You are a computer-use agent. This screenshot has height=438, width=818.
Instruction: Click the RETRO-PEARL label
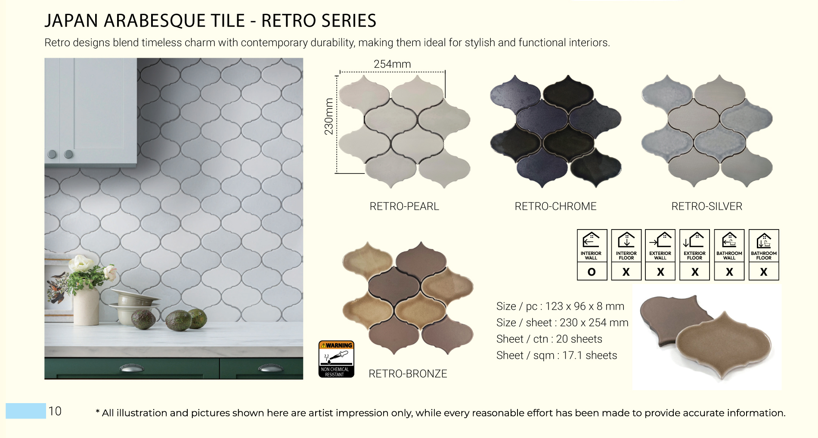[x=404, y=206]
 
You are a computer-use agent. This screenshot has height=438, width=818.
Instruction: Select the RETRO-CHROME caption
[x=555, y=206]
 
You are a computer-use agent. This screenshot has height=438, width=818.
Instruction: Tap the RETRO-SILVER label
[x=706, y=206]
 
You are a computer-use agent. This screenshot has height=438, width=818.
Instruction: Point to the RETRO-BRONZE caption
[x=408, y=373]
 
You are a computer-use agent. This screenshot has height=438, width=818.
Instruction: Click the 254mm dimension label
[x=392, y=64]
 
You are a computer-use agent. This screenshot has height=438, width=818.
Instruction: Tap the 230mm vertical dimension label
[x=329, y=116]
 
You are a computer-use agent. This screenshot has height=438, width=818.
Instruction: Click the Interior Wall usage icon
[x=592, y=246]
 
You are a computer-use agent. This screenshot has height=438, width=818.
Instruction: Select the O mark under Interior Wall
[x=592, y=272]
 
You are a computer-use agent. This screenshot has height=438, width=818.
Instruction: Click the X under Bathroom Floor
[x=764, y=272]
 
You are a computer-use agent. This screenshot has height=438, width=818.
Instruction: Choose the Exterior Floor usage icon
[x=694, y=246]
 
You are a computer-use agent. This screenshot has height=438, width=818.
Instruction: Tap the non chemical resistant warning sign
[x=336, y=359]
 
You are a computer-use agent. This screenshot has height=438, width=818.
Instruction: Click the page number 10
[x=55, y=411]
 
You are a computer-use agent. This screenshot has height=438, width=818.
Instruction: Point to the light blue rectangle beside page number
[x=25, y=411]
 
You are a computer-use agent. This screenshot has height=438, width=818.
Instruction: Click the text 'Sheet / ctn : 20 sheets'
[x=549, y=339]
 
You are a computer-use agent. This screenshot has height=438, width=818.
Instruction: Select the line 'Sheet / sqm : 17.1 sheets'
[x=557, y=355]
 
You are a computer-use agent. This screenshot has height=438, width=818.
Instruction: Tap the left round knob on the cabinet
[x=52, y=154]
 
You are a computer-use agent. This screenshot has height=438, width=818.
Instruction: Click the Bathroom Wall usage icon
[x=729, y=246]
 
